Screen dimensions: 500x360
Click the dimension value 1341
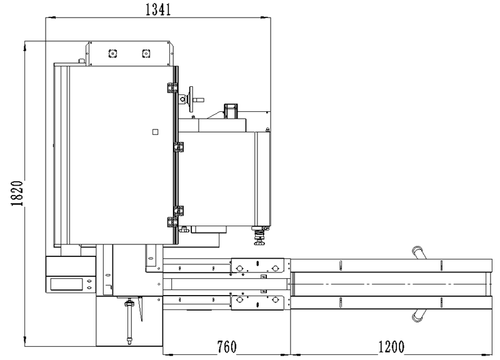158,9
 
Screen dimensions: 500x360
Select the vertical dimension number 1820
17,193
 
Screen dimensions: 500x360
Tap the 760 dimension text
227,347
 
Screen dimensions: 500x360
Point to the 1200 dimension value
391,347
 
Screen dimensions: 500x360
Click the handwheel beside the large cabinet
191,99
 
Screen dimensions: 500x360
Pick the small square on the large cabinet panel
155,132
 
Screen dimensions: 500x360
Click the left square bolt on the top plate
112,53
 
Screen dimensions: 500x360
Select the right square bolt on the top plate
146,53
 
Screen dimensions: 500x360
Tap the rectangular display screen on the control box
67,284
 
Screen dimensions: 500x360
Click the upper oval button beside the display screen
89,281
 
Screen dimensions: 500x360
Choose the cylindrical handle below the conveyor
419,315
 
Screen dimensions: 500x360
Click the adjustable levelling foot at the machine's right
259,236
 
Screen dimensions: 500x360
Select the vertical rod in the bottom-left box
129,321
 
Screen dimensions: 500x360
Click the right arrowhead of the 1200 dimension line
487,354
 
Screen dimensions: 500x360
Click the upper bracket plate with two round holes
257,265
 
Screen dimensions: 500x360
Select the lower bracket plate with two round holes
257,302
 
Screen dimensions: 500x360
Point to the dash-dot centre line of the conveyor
390,284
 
